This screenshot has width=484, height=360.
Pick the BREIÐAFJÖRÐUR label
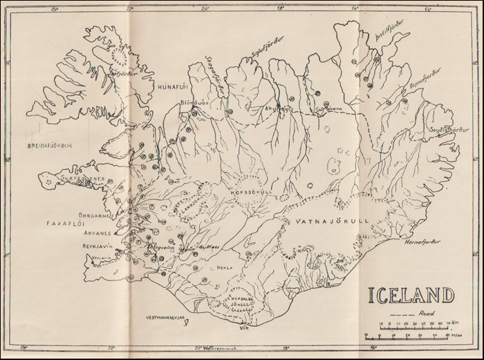[49, 146]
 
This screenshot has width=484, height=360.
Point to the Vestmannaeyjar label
[167, 319]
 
